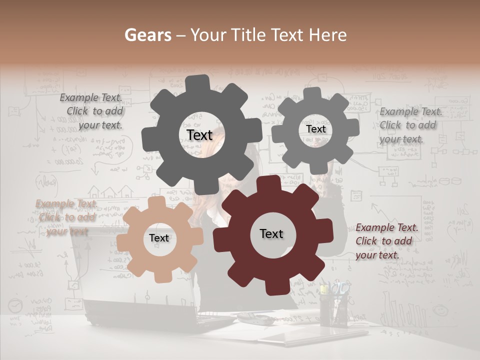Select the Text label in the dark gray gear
click(199, 135)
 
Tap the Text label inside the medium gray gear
click(315, 129)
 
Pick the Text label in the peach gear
click(159, 238)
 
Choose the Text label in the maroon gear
click(271, 234)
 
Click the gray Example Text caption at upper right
click(410, 125)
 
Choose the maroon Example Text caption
click(386, 241)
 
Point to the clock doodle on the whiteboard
click(15, 305)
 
